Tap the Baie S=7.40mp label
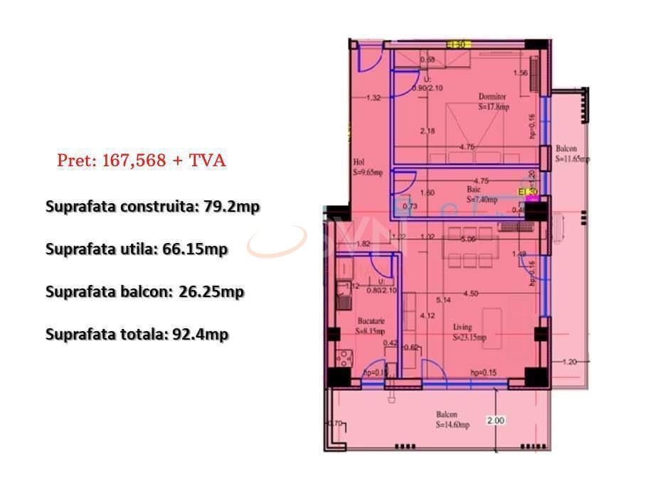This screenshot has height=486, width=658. (x=480, y=195)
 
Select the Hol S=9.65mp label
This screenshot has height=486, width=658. (x=367, y=167)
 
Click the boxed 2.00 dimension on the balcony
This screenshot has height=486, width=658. (x=496, y=421)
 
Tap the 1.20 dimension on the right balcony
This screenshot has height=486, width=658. (x=568, y=362)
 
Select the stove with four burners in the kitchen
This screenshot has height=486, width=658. (x=342, y=357)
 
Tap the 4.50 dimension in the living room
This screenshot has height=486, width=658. (x=470, y=293)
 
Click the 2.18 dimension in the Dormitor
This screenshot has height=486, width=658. (x=428, y=131)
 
